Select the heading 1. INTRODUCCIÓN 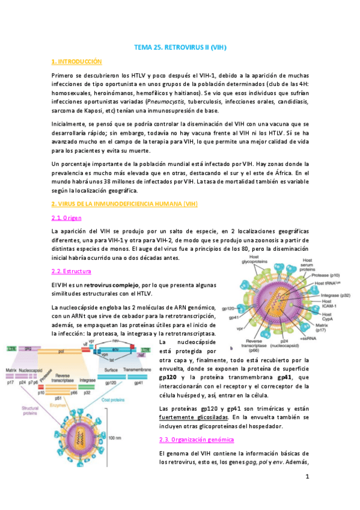click(x=78, y=62)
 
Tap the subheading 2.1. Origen click(x=70, y=217)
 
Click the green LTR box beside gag click(x=11, y=349)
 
